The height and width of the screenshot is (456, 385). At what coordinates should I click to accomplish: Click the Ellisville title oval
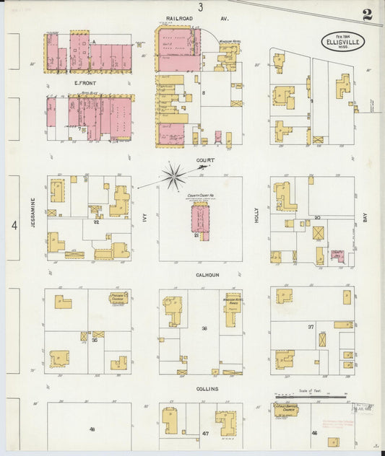click(343, 41)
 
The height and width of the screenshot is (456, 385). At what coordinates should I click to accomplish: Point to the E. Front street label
click(85, 84)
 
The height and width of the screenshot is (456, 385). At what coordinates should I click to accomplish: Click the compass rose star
click(173, 175)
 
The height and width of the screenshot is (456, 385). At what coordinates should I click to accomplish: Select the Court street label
click(205, 161)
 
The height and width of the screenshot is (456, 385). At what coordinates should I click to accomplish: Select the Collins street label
click(207, 388)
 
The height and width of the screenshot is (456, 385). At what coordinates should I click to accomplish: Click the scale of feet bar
click(310, 395)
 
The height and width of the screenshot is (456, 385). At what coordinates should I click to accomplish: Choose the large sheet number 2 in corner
click(368, 14)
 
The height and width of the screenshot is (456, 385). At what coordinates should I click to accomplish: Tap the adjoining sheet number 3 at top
click(201, 6)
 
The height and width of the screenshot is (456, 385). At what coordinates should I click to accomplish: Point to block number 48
click(92, 430)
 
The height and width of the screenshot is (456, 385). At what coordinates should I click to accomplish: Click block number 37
click(311, 327)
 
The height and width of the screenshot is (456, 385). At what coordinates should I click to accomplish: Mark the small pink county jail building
click(336, 254)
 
